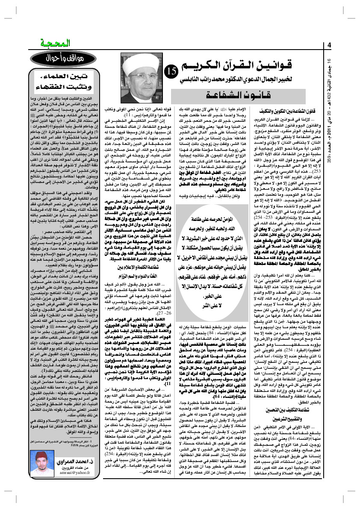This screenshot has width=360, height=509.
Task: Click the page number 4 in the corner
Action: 330,46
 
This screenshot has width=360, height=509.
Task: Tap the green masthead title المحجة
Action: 48,44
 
